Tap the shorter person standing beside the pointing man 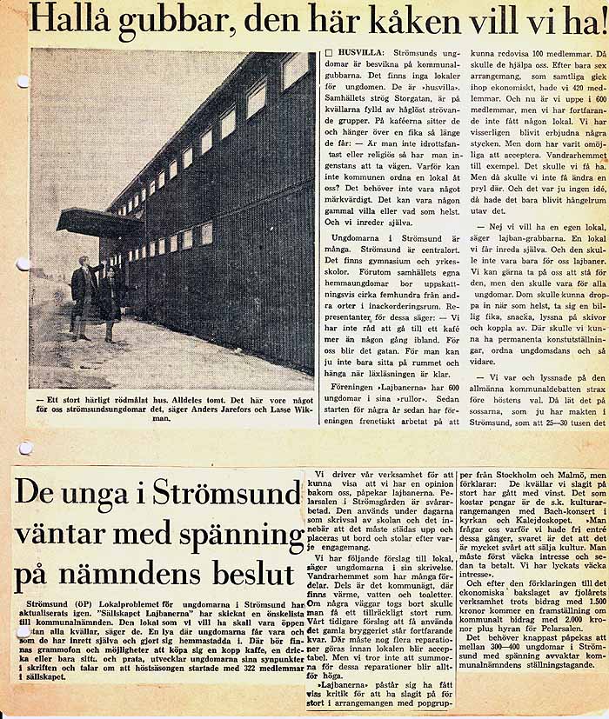tap(110, 300)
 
